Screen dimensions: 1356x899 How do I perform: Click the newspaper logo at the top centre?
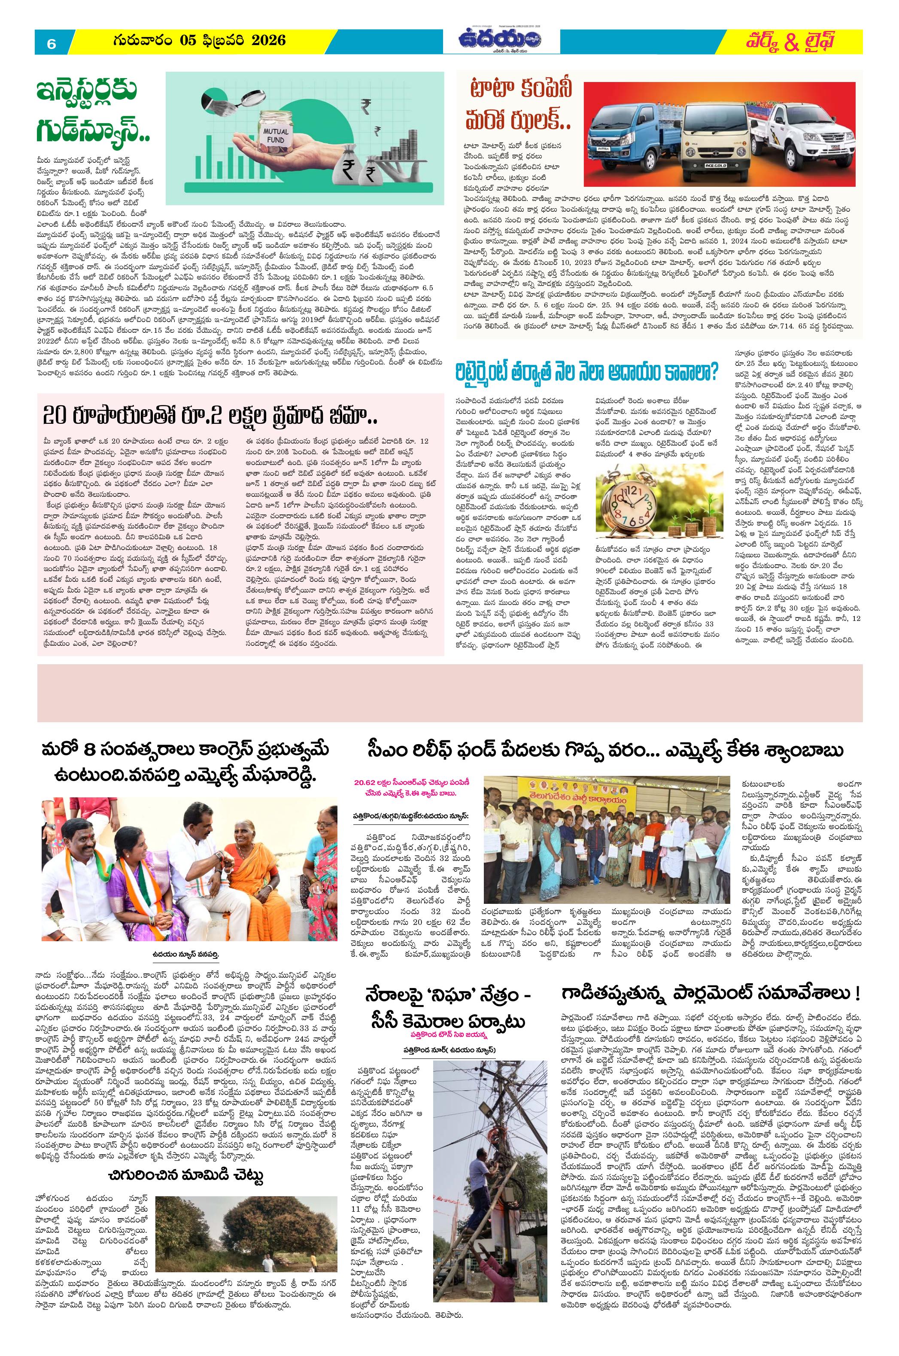(501, 40)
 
